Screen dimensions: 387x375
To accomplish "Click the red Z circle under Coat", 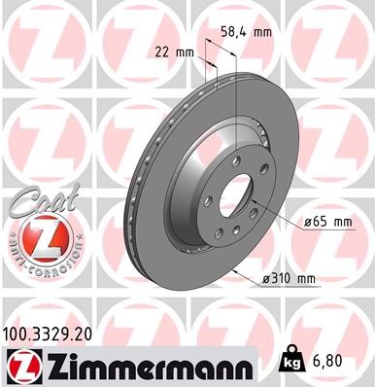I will tap(37, 236).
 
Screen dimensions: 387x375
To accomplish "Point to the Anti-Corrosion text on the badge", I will tap(37, 259).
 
